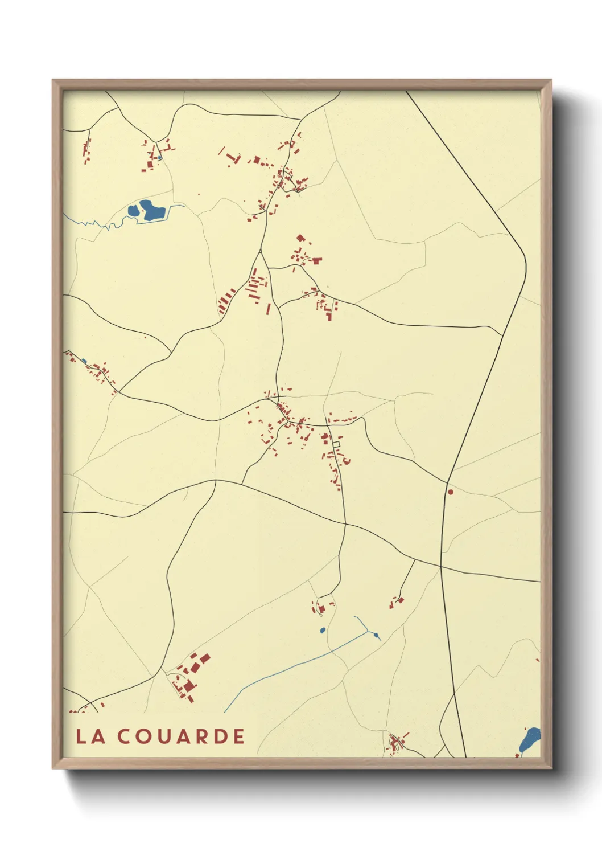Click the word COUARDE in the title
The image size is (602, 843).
(x=181, y=736)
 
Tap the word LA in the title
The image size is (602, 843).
(x=90, y=736)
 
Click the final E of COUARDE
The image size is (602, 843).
(x=239, y=736)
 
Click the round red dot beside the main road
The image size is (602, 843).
(x=450, y=492)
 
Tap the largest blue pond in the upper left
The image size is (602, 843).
(x=152, y=210)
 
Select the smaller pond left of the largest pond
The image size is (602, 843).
(x=133, y=212)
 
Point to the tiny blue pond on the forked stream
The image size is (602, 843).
(x=376, y=635)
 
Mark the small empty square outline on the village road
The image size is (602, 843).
(x=336, y=444)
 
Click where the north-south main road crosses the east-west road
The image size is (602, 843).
(x=441, y=566)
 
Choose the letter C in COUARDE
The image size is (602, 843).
(x=124, y=736)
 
